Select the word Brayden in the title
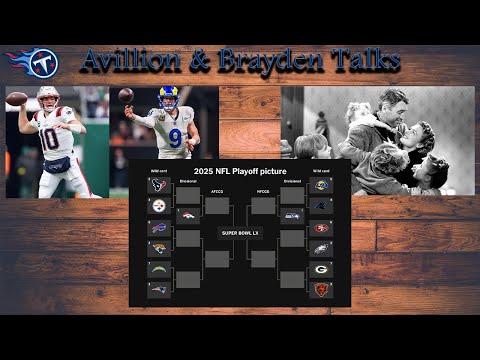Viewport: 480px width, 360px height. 270,62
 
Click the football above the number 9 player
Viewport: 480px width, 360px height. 125,96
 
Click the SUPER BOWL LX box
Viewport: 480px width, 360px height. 240,233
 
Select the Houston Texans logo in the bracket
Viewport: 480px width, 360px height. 159,185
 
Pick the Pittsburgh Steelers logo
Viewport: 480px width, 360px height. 159,205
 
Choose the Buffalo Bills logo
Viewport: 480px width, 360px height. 159,227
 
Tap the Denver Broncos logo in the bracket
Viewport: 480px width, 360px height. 187,215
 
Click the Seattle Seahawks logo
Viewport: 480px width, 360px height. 293,215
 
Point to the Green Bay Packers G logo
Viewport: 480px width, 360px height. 321,269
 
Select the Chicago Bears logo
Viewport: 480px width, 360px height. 321,290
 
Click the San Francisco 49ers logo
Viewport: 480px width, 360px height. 321,227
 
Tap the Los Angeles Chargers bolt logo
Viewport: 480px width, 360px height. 159,269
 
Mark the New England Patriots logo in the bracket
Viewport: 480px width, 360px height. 159,290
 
